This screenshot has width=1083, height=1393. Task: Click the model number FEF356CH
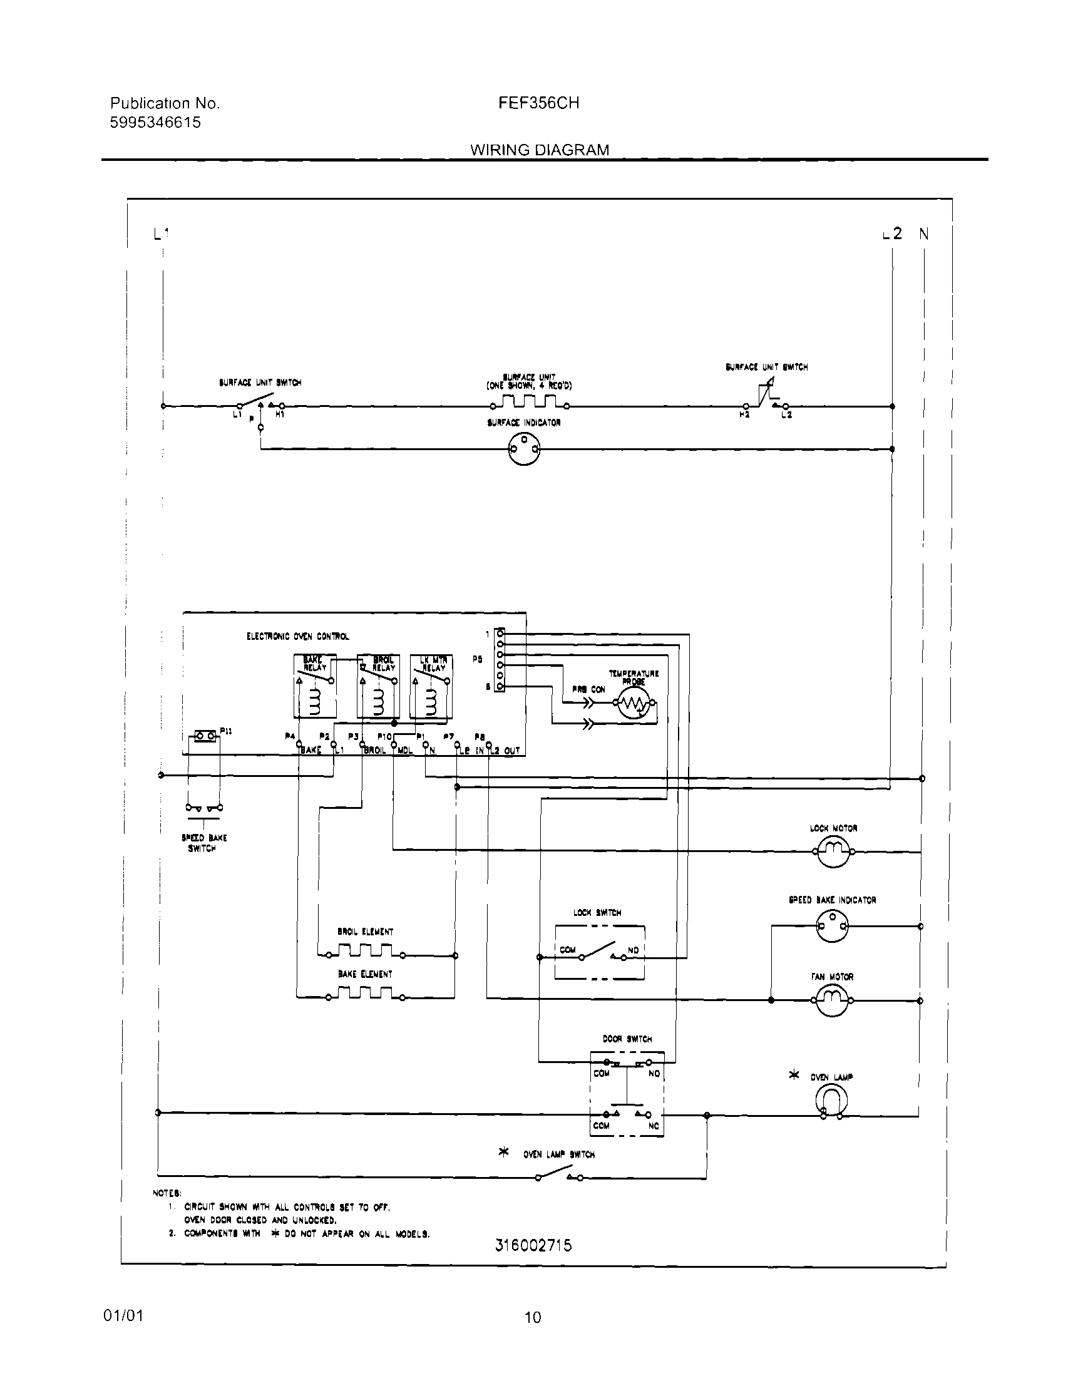coord(538,103)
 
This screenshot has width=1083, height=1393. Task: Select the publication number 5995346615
coord(155,123)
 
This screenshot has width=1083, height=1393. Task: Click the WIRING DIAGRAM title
coord(540,150)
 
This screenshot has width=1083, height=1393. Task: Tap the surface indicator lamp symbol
coord(524,450)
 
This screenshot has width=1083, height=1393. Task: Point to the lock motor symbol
coord(833,851)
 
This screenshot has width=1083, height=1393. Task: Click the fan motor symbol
coord(832,1000)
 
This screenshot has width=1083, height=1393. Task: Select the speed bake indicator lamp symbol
coord(833,925)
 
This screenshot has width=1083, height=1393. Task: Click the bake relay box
coord(315,686)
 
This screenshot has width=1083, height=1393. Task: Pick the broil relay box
coord(379,686)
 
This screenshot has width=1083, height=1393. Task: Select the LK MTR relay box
coord(432,686)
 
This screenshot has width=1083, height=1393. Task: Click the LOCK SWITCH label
coord(597,913)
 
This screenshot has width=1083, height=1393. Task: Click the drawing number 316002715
coord(533,1245)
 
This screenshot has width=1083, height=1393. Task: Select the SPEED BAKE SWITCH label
coord(203,843)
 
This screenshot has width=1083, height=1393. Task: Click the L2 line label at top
coord(893,234)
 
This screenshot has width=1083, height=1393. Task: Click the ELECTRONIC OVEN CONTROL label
coord(298,637)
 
